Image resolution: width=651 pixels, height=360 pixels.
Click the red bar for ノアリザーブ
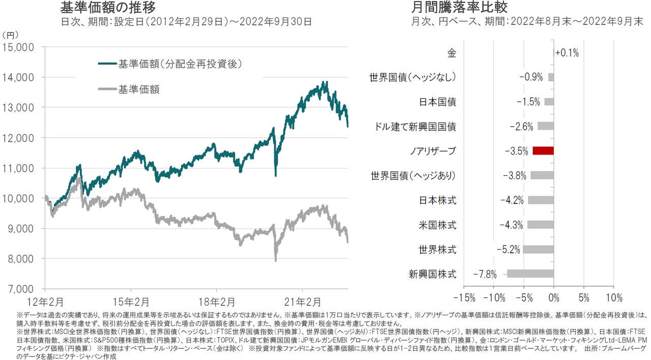pos(543,151)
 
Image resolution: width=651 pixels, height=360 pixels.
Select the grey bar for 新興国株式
pos(530,274)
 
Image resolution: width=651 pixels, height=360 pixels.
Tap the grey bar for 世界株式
pos(538,249)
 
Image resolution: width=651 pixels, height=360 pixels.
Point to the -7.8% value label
pos(485,274)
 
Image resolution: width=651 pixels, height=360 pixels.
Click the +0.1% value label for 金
pos(567,53)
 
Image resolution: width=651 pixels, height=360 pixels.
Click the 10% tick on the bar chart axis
pos(614,297)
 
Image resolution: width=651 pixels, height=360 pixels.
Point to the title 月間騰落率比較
pos(459,8)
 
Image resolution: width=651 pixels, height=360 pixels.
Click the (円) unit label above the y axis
pos(11,35)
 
